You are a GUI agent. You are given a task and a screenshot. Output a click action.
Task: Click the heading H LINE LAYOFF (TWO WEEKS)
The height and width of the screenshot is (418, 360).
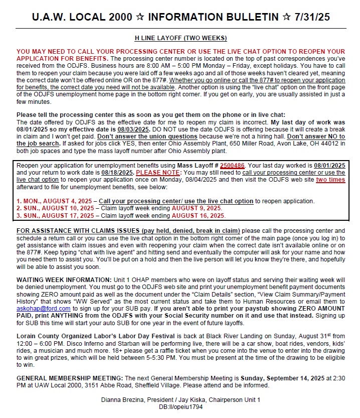point(181,38)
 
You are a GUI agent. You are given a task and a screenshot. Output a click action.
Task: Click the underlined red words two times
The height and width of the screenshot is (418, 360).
point(330,179)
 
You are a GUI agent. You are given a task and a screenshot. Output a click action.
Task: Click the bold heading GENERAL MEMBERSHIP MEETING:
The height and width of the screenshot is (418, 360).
point(69,377)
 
